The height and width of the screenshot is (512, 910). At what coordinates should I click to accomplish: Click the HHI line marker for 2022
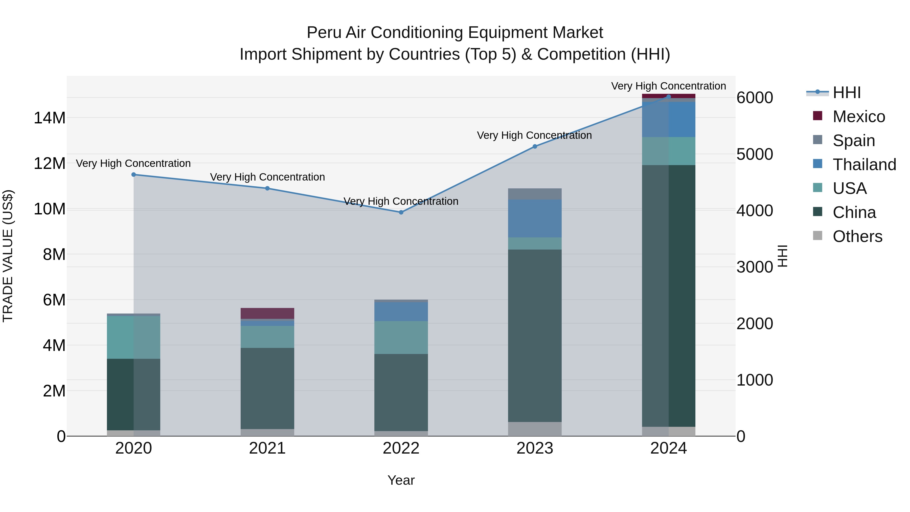point(401,212)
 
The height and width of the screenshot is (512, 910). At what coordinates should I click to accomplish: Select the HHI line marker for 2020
point(133,174)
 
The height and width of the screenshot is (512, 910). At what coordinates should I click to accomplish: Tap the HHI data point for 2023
point(535,146)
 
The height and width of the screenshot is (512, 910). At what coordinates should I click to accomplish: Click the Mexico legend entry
point(858,117)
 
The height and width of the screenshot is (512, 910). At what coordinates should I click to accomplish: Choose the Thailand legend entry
point(864,165)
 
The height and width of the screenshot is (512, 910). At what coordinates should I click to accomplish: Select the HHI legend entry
point(846,93)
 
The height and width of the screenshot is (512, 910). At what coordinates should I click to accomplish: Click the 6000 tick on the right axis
point(755,98)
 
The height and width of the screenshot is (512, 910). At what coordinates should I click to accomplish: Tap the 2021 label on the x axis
point(267,448)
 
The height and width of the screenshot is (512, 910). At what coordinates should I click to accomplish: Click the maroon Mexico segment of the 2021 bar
point(267,314)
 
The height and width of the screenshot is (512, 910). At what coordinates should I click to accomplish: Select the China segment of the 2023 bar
point(535,336)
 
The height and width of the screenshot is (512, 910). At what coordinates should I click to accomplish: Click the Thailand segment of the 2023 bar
point(535,218)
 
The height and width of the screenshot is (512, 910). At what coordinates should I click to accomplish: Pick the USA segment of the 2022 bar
point(401,338)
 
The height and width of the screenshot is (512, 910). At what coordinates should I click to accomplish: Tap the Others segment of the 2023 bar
point(535,429)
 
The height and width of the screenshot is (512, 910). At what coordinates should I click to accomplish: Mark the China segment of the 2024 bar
point(668,296)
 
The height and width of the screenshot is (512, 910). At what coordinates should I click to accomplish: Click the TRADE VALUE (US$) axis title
point(8,256)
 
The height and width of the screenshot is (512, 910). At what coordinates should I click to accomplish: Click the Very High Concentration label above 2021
point(267,177)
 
